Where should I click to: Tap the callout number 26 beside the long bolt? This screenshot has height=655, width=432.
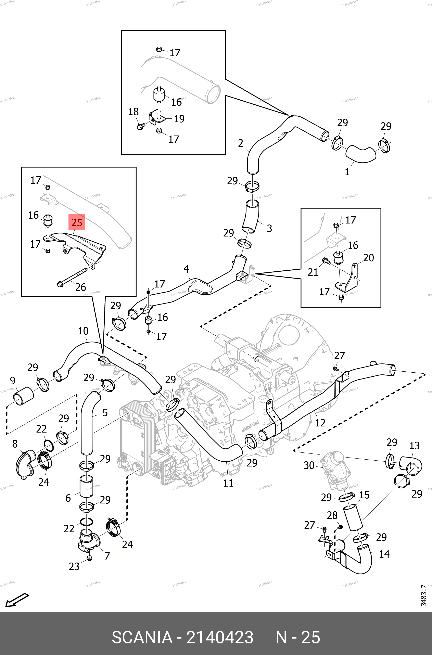click(80, 287)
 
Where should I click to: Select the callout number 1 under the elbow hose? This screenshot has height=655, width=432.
click(347, 172)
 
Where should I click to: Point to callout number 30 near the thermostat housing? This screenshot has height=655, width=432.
click(309, 465)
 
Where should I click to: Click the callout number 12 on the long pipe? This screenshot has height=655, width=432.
click(320, 423)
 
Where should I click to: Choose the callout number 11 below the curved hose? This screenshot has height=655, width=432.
click(228, 483)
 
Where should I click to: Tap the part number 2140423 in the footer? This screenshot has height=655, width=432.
click(220, 637)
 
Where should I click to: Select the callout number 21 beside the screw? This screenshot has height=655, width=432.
click(313, 272)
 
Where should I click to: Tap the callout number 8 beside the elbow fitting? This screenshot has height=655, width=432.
click(15, 444)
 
